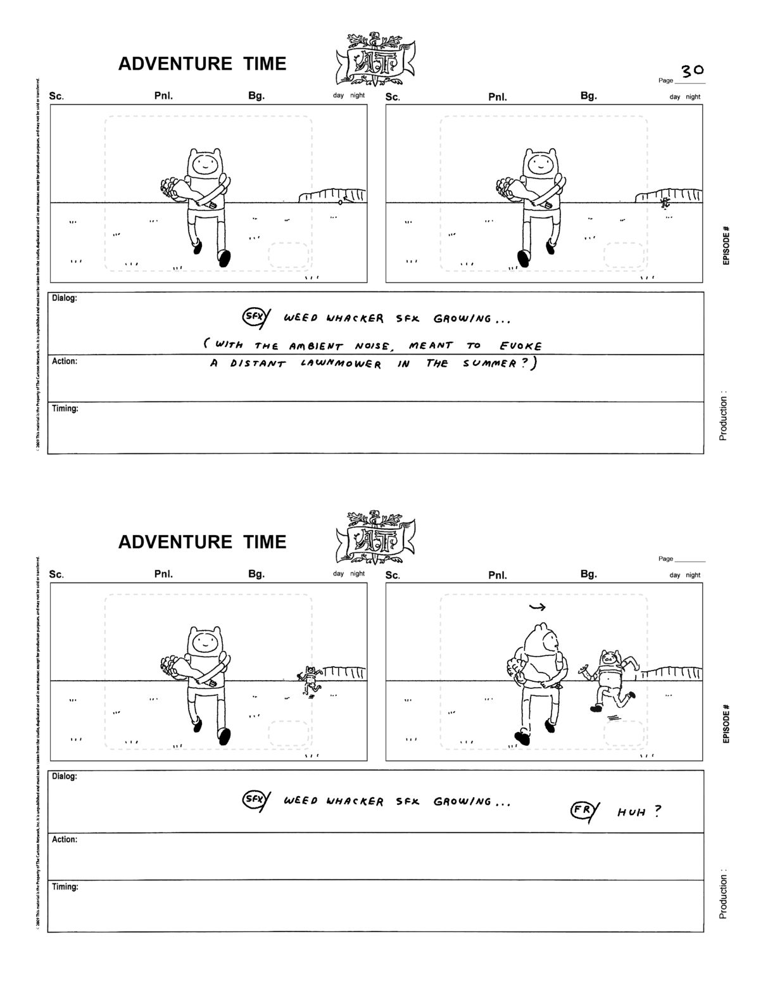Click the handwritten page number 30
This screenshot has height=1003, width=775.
point(692,70)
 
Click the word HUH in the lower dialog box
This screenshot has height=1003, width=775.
point(631,812)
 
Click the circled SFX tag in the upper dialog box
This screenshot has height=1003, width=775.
point(253,317)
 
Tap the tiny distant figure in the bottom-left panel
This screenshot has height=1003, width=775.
point(309,681)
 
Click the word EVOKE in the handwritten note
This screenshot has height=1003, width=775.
point(520,346)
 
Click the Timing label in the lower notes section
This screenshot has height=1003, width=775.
point(65,887)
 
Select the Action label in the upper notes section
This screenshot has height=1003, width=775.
point(65,362)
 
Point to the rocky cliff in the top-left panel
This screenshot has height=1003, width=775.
point(332,195)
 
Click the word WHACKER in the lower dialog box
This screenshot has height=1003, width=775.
point(355,802)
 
